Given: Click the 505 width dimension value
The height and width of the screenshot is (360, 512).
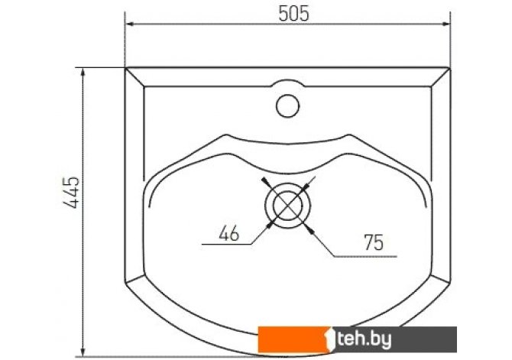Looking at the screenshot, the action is point(293,14).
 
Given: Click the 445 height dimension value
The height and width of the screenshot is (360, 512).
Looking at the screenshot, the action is point(71,193).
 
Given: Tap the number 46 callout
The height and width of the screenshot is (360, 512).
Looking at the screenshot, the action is point(229,234).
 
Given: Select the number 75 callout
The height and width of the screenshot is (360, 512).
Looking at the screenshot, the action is point(374,242).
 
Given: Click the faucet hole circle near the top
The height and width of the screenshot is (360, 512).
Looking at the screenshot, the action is point(287,105).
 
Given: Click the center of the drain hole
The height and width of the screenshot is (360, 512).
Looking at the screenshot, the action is point(287,206).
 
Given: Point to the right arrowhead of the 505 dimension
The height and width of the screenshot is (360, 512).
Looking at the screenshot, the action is point(446,24).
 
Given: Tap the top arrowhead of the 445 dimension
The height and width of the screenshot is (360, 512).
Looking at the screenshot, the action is point(83,73).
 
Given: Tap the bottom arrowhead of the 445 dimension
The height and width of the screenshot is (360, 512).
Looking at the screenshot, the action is point(83,352).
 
